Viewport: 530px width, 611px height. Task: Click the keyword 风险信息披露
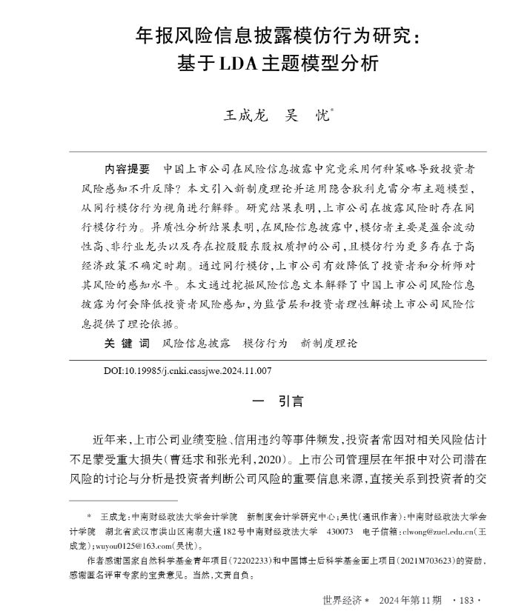pos(196,344)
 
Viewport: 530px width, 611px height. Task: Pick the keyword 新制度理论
pos(328,344)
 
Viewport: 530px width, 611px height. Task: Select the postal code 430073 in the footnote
pos(340,530)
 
